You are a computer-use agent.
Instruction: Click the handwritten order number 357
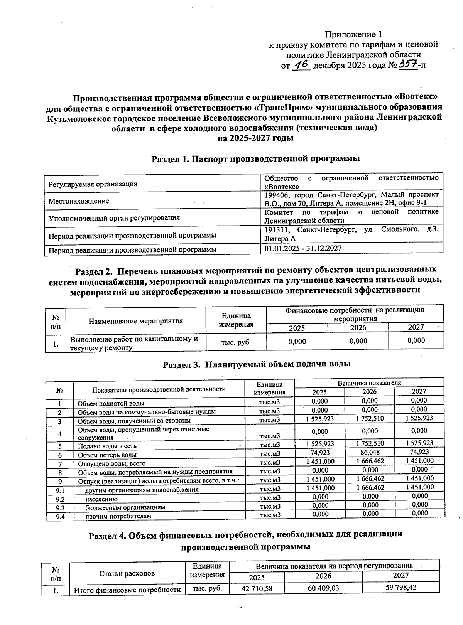pyautogui.click(x=408, y=64)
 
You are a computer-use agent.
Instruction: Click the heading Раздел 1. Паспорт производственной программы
pyautogui.click(x=255, y=159)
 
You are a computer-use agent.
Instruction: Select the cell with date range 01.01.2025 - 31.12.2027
pyautogui.click(x=303, y=249)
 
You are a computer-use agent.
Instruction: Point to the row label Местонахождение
pyautogui.click(x=79, y=201)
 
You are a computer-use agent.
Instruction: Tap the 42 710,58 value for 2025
pyautogui.click(x=257, y=589)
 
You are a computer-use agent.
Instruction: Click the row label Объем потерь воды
pyautogui.click(x=107, y=455)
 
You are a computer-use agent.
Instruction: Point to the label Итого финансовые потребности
pyautogui.click(x=127, y=590)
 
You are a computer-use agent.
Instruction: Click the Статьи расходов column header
pyautogui.click(x=127, y=573)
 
